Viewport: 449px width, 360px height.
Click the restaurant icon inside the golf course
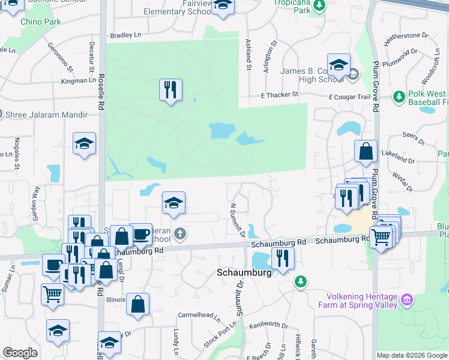pyautogui.click(x=171, y=90)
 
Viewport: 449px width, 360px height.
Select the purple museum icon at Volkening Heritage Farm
pyautogui.click(x=407, y=299)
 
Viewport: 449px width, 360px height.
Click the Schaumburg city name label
pyautogui.click(x=244, y=272)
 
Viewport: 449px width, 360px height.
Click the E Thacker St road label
pyautogui.click(x=279, y=95)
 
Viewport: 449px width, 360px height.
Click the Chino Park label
pyautogui.click(x=41, y=22)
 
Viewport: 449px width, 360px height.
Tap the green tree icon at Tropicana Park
pyautogui.click(x=320, y=5)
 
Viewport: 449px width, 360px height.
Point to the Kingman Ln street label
pyautogui.click(x=79, y=80)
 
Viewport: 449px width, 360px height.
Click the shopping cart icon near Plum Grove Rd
pyautogui.click(x=381, y=238)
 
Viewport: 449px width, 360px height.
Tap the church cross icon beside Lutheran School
pyautogui.click(x=179, y=233)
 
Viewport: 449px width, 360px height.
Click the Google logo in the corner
pyautogui.click(x=20, y=353)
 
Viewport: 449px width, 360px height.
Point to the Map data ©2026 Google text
pyautogui.click(x=412, y=355)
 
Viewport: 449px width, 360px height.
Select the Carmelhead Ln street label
pyautogui.click(x=199, y=315)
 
